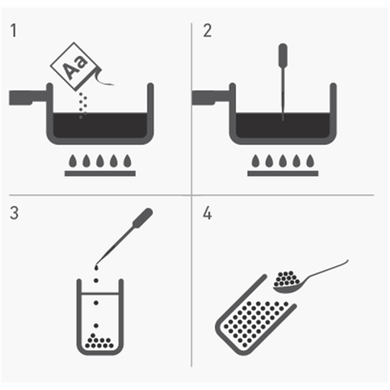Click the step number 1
[x=14, y=30]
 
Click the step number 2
[x=207, y=31]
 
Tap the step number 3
[x=14, y=213]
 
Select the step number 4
[x=207, y=213]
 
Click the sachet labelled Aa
[x=76, y=67]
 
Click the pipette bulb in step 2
[x=283, y=55]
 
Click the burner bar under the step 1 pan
[x=100, y=173]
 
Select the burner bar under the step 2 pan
[x=283, y=173]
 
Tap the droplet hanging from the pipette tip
[x=96, y=267]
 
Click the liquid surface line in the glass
[x=100, y=293]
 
